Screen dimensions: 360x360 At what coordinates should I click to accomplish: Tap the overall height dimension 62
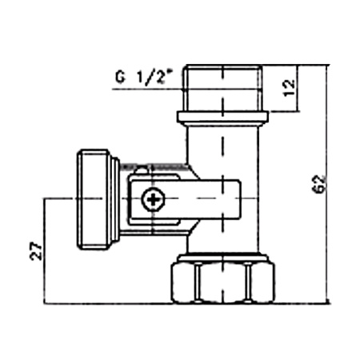pyautogui.click(x=319, y=185)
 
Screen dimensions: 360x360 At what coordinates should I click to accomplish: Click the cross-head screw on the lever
pyautogui.click(x=150, y=200)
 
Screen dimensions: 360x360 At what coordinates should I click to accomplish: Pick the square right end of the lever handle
pyautogui.click(x=228, y=199)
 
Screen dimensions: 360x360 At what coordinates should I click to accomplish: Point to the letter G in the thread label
pyautogui.click(x=119, y=79)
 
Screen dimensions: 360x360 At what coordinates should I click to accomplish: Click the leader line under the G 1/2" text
pyautogui.click(x=144, y=89)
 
